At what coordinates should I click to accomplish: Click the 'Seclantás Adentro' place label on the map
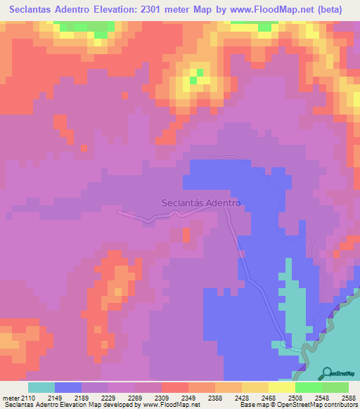tap(201, 202)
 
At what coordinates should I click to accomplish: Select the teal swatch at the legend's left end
tap(41, 387)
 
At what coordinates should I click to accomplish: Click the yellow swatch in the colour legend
tap(281, 387)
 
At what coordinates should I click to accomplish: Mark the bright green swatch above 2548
tap(308, 387)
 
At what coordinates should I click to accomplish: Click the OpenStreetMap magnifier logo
tap(328, 374)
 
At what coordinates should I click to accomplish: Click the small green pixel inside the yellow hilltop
tap(200, 72)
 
